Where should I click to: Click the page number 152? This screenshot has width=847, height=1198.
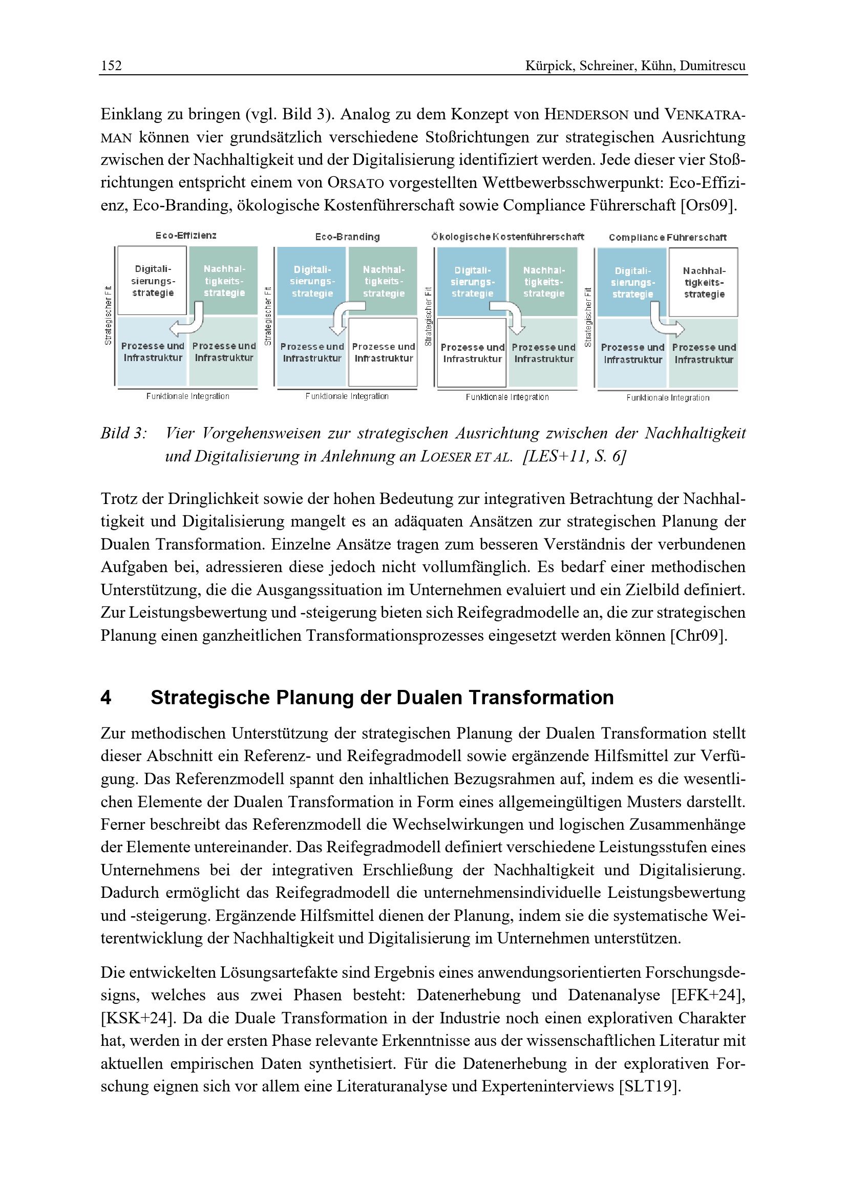[111, 66]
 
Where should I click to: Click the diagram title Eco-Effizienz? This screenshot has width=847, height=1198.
[186, 235]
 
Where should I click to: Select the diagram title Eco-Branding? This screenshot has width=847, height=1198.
[347, 237]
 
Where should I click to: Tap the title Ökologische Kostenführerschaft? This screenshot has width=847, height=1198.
[507, 237]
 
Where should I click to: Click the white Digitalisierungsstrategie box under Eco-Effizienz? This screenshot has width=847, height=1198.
[152, 281]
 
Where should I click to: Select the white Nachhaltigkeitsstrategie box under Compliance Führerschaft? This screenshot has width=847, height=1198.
[704, 282]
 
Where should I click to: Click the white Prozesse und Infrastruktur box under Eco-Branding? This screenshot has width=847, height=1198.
[384, 353]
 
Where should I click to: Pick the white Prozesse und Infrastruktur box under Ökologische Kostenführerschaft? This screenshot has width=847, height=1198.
[472, 353]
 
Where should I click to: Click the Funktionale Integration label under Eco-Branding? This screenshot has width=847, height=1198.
[347, 396]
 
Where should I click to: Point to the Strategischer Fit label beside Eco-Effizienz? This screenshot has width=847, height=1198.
[108, 316]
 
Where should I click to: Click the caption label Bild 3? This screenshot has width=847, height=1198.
[123, 434]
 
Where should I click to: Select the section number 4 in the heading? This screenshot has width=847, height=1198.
[106, 698]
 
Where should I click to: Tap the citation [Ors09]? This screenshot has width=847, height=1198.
[709, 205]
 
